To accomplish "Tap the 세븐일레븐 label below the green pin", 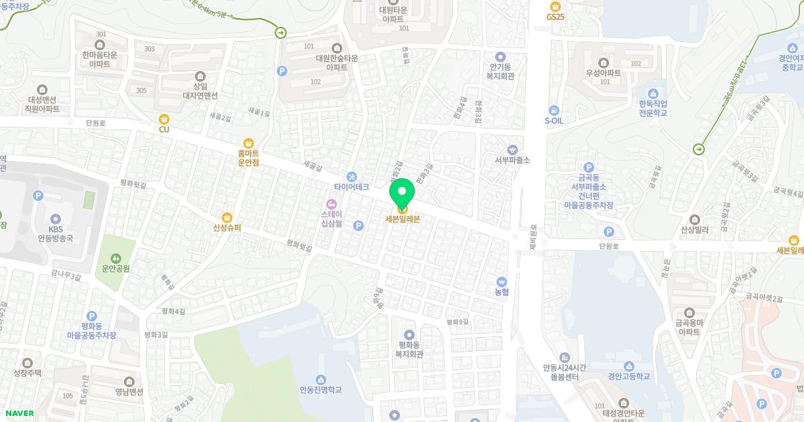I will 403,218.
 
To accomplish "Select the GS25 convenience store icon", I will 555,6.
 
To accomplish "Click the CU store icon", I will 164,119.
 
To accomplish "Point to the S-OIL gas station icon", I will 554,110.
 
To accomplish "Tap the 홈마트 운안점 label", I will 248,157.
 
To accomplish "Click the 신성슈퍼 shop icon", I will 227,217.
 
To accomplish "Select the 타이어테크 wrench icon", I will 352,176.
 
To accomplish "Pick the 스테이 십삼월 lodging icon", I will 331,204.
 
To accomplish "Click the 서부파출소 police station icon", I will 513,149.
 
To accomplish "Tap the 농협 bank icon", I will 502,282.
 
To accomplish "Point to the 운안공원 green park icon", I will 116,258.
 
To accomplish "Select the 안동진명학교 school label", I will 321,389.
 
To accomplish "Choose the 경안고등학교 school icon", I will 629,366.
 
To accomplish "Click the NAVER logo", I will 19,413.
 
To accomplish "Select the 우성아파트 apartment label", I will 603,72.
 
